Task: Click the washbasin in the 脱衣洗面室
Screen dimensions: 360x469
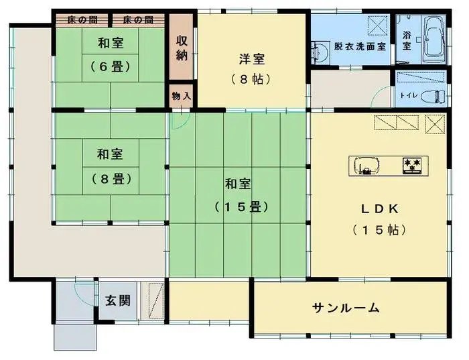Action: coord(319,49)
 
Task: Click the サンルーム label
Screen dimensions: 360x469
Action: coord(346,308)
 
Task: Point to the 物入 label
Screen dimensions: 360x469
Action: coord(182,96)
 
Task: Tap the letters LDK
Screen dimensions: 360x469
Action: coord(380,208)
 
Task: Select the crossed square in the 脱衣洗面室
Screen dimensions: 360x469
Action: coord(377,27)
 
